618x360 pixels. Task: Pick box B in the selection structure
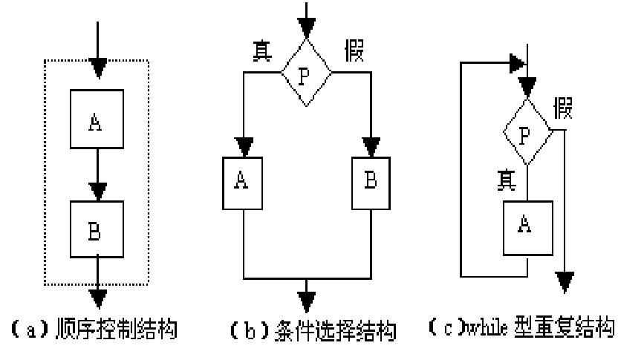point(369,181)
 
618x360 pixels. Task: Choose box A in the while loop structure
point(527,222)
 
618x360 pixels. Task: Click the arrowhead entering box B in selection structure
point(369,145)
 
